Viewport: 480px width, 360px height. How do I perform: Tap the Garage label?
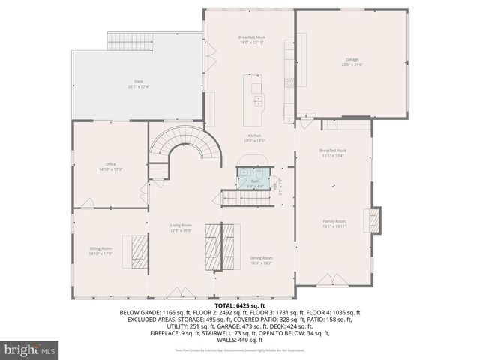[x=352, y=59]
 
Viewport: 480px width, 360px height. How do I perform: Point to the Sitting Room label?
[x=100, y=247]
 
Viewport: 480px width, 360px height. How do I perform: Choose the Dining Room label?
[x=261, y=258]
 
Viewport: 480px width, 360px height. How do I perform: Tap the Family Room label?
[x=334, y=221]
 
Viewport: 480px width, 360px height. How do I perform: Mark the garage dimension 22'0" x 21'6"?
[x=352, y=64]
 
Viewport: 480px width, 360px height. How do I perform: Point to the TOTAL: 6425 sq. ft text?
[x=240, y=305]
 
